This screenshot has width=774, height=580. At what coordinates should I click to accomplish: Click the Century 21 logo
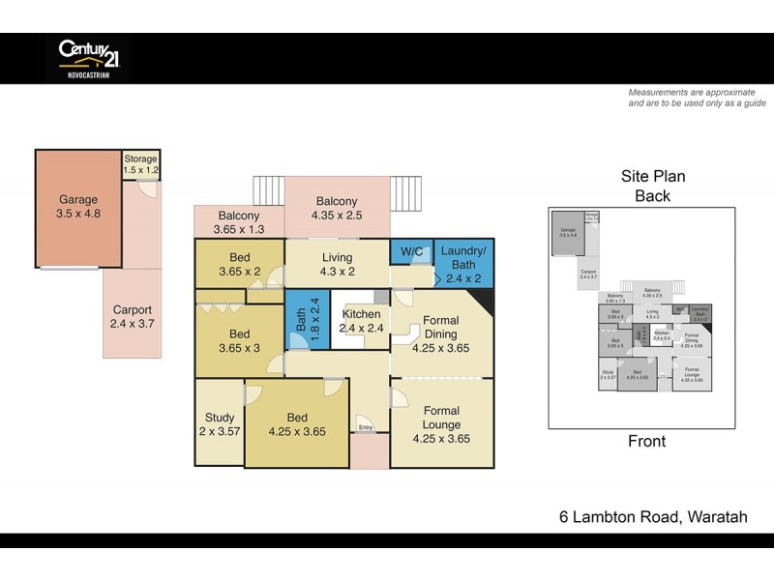(88, 57)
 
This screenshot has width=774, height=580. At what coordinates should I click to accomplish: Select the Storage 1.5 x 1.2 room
(141, 164)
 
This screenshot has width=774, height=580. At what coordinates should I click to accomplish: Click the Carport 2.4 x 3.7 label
(131, 318)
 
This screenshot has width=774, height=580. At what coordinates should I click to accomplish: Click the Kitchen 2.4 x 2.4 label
(361, 322)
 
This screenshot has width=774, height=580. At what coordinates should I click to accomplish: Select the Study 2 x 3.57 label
(219, 426)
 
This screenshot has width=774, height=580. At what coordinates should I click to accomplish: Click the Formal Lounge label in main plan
(441, 417)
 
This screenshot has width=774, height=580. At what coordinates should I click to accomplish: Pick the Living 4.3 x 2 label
(337, 264)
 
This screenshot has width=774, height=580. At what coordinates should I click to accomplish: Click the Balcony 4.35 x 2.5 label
(336, 210)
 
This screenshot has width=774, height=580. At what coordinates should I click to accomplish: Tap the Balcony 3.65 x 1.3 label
(238, 222)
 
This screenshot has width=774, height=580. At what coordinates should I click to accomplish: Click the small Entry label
(365, 427)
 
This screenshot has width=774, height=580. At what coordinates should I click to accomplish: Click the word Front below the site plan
(646, 442)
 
